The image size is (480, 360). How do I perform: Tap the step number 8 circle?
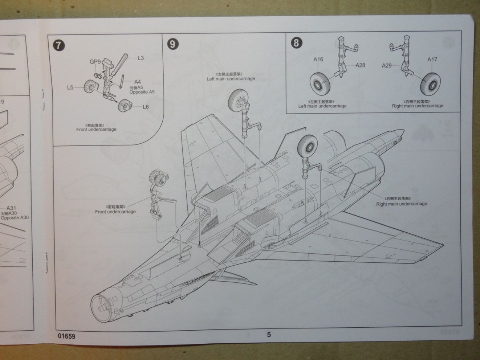(296, 43)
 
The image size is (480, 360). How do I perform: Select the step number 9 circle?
(172, 44)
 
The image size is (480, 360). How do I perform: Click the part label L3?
(141, 58)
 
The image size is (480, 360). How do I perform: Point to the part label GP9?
(95, 62)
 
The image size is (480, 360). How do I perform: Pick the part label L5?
(70, 87)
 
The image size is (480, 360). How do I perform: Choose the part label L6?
(146, 107)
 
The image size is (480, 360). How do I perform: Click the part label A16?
(318, 60)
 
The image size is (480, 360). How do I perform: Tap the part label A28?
(360, 65)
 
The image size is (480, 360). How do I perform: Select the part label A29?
(387, 66)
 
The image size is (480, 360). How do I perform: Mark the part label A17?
(432, 60)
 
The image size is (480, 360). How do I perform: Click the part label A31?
(11, 208)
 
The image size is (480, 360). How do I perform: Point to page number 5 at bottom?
(269, 335)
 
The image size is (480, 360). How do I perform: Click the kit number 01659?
(66, 336)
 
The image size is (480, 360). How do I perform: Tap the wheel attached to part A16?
(319, 82)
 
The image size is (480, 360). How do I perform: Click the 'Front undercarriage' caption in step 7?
(96, 129)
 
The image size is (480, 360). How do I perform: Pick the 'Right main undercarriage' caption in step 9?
(402, 204)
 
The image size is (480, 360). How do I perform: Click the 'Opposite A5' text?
(142, 92)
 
